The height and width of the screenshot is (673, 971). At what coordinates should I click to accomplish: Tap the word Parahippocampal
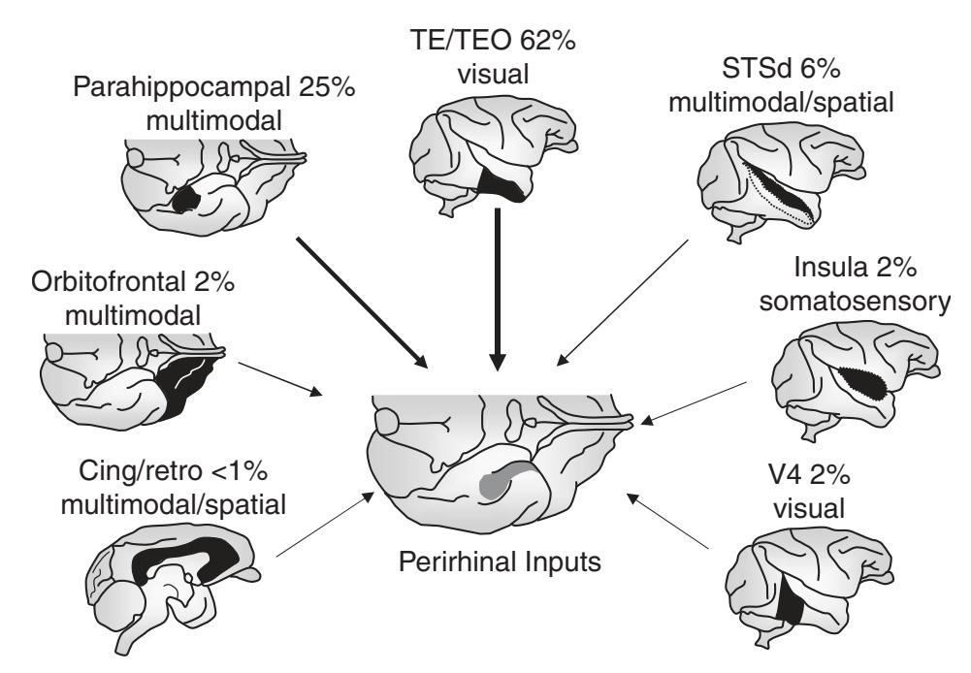161,92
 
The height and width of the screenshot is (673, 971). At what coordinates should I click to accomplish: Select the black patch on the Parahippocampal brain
185,198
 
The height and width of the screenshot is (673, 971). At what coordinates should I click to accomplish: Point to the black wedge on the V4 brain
795,606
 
